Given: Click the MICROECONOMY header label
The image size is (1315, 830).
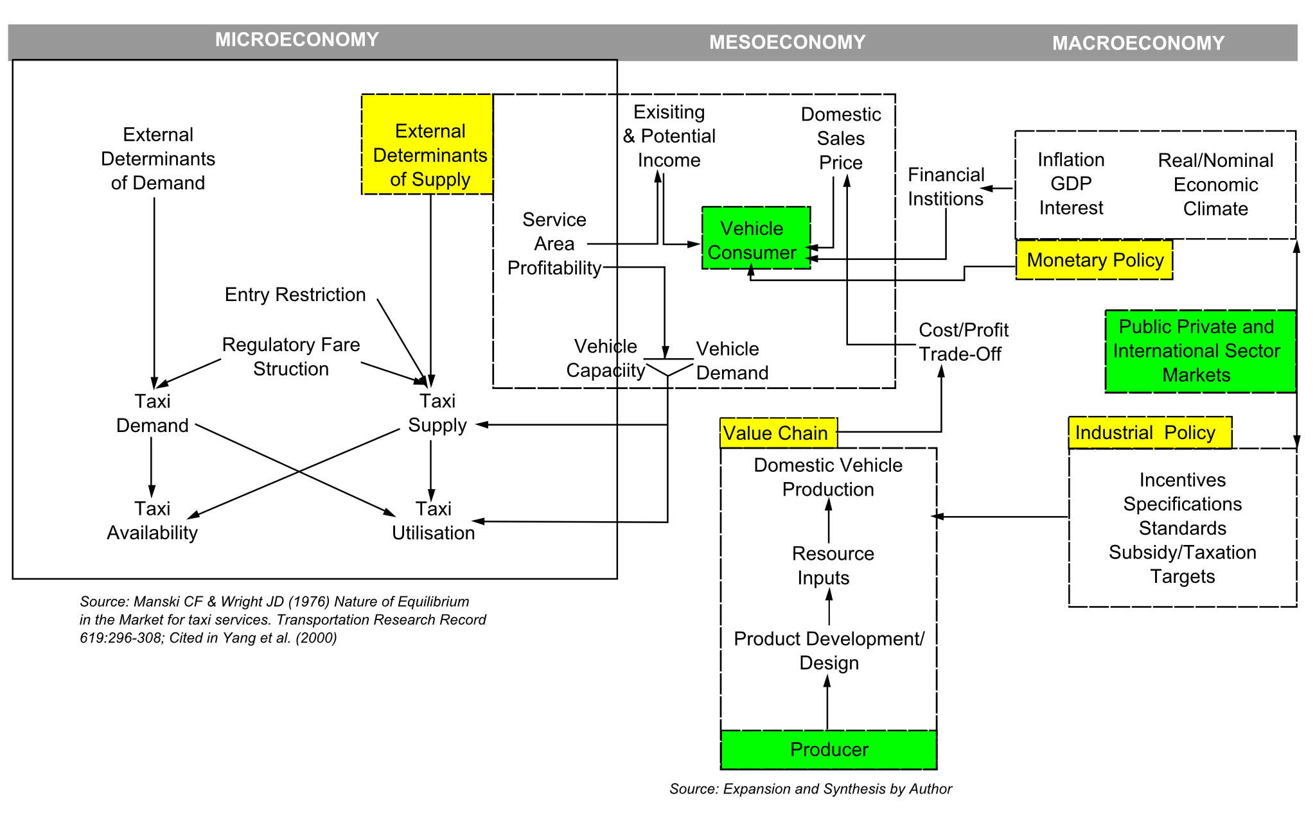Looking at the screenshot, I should [x=297, y=40].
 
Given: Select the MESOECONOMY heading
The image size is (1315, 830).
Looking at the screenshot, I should [x=787, y=42].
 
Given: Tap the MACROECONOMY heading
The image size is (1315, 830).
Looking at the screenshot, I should [x=1138, y=43].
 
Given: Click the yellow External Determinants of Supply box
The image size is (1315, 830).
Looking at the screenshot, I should [x=428, y=144].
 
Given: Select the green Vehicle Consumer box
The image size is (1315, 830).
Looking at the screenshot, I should [x=755, y=238].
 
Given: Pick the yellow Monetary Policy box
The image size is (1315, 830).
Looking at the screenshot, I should [x=1094, y=260].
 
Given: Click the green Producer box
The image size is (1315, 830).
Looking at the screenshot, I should [x=828, y=749].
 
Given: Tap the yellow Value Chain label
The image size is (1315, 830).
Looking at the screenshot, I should [x=777, y=433].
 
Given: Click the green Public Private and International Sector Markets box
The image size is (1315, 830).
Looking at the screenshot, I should [x=1199, y=351].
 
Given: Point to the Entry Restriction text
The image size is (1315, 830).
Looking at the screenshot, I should [x=295, y=295].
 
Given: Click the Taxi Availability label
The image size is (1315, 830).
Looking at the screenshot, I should [x=152, y=521].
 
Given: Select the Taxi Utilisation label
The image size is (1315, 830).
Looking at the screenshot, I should [x=434, y=521].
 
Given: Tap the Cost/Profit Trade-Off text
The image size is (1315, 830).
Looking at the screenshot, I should [x=963, y=342].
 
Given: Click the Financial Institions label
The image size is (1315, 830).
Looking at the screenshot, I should [x=946, y=187].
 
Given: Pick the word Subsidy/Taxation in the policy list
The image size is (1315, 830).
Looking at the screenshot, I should [x=1182, y=552].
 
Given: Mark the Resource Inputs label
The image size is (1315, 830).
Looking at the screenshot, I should [x=831, y=566].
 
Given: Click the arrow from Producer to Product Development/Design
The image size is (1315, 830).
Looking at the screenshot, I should [x=827, y=703].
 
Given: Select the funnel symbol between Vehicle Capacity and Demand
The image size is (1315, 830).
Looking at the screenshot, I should [x=668, y=367].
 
